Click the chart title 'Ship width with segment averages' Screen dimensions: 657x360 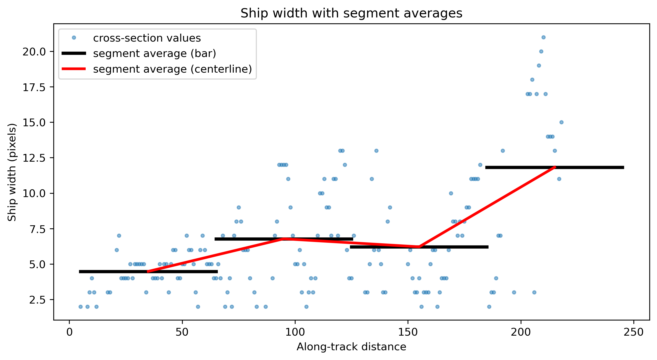pos(351,13)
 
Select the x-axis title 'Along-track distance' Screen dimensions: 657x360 pos(351,347)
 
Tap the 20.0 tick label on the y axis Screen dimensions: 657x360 pos(34,52)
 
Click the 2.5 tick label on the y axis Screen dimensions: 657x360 pos(38,300)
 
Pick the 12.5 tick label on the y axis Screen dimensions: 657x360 pos(34,158)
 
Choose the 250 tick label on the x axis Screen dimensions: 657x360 pos(633,332)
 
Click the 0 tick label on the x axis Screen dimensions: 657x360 pos(69,332)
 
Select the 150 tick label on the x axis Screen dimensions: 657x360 pos(408,332)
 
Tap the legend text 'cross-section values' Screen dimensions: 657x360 pos(147,38)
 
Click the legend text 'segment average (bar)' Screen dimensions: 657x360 pos(155,53)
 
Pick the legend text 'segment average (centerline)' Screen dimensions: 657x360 pos(173,69)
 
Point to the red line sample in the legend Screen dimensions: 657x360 pos(74,69)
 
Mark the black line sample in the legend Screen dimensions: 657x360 pos(74,53)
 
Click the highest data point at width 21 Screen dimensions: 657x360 pos(543,37)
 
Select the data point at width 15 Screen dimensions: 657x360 pos(561,122)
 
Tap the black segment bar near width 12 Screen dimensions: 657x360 pos(554,167)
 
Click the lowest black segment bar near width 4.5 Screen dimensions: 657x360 pos(148,271)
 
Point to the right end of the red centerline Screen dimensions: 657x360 pos(555,167)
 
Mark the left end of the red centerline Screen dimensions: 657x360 pos(148,271)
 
